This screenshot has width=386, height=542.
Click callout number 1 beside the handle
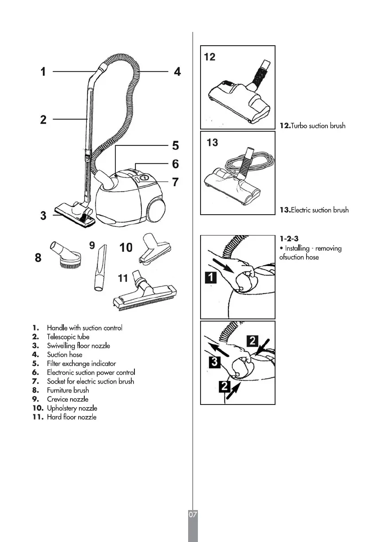click(x=43, y=71)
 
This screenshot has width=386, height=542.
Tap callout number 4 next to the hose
click(x=177, y=71)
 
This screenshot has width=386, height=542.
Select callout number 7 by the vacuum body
click(x=176, y=182)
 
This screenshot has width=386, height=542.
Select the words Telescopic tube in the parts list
click(x=68, y=337)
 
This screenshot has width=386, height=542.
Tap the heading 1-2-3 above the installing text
click(x=289, y=239)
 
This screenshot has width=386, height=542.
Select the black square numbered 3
click(x=214, y=363)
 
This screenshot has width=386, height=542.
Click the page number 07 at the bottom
click(x=193, y=515)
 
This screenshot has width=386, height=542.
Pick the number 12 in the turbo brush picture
click(x=210, y=57)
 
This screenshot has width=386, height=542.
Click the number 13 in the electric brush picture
click(x=213, y=142)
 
